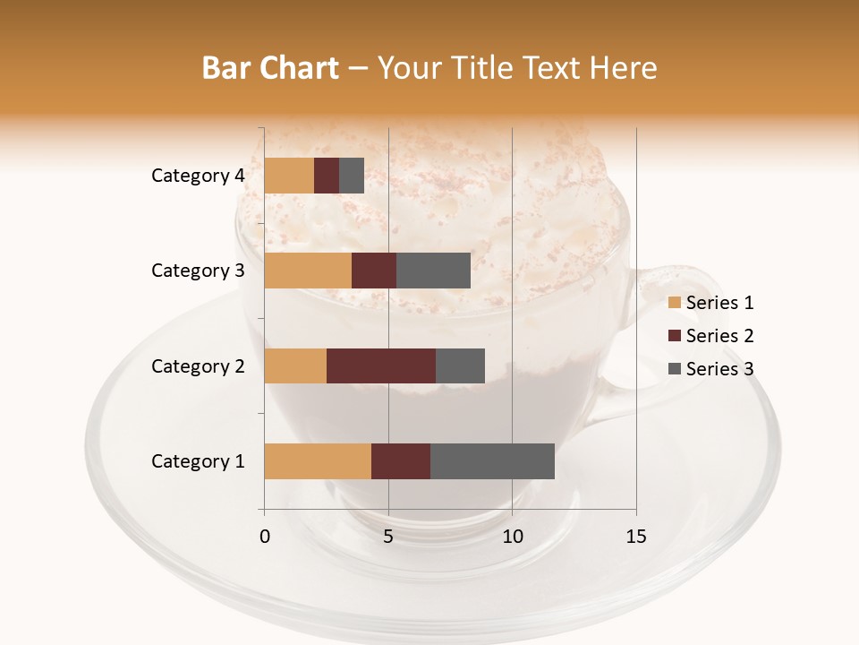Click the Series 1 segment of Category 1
click(x=318, y=461)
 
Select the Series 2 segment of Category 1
click(x=401, y=461)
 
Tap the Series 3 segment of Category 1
click(x=492, y=461)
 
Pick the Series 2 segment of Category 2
click(x=381, y=365)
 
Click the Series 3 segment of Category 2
click(x=460, y=365)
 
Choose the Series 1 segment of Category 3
click(x=308, y=271)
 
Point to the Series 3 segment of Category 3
click(x=433, y=271)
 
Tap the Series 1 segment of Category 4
click(x=289, y=176)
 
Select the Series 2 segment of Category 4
click(x=327, y=176)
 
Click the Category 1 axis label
click(x=198, y=461)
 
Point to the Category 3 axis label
click(x=198, y=271)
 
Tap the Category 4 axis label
click(x=198, y=176)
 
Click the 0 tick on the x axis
click(x=265, y=537)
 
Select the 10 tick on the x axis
click(x=512, y=537)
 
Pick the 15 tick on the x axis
click(x=636, y=537)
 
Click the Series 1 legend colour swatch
click(x=675, y=303)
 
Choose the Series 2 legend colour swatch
click(x=675, y=336)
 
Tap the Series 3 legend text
click(x=719, y=369)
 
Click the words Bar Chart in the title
click(x=270, y=68)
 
